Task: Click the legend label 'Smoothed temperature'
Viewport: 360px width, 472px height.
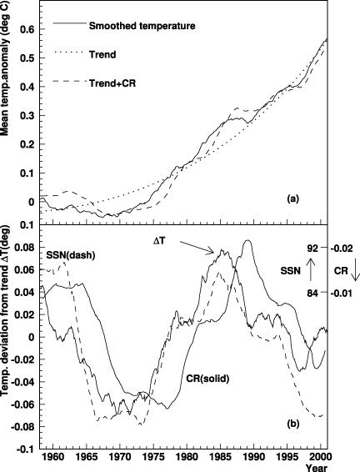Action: [142, 26]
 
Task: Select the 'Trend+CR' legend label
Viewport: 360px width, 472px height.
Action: [112, 83]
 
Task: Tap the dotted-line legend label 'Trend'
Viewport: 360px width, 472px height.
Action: [102, 55]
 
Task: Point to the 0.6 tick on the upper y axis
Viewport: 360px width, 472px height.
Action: [27, 29]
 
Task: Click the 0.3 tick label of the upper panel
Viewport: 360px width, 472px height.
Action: [27, 116]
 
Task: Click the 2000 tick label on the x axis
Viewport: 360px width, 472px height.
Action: [321, 457]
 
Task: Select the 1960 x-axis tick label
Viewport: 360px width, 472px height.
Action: [53, 457]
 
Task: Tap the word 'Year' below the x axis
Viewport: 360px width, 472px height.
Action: [317, 468]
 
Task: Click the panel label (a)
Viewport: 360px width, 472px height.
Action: [292, 198]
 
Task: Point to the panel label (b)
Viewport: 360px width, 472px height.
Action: [292, 424]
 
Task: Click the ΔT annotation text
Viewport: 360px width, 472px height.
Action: [158, 241]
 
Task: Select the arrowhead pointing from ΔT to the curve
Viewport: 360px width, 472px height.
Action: [211, 251]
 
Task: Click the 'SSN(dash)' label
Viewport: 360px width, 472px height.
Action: [71, 255]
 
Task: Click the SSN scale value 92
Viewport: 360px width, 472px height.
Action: [312, 249]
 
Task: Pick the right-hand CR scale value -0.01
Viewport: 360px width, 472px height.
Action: [342, 293]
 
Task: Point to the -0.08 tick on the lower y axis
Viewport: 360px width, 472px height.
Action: [23, 427]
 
